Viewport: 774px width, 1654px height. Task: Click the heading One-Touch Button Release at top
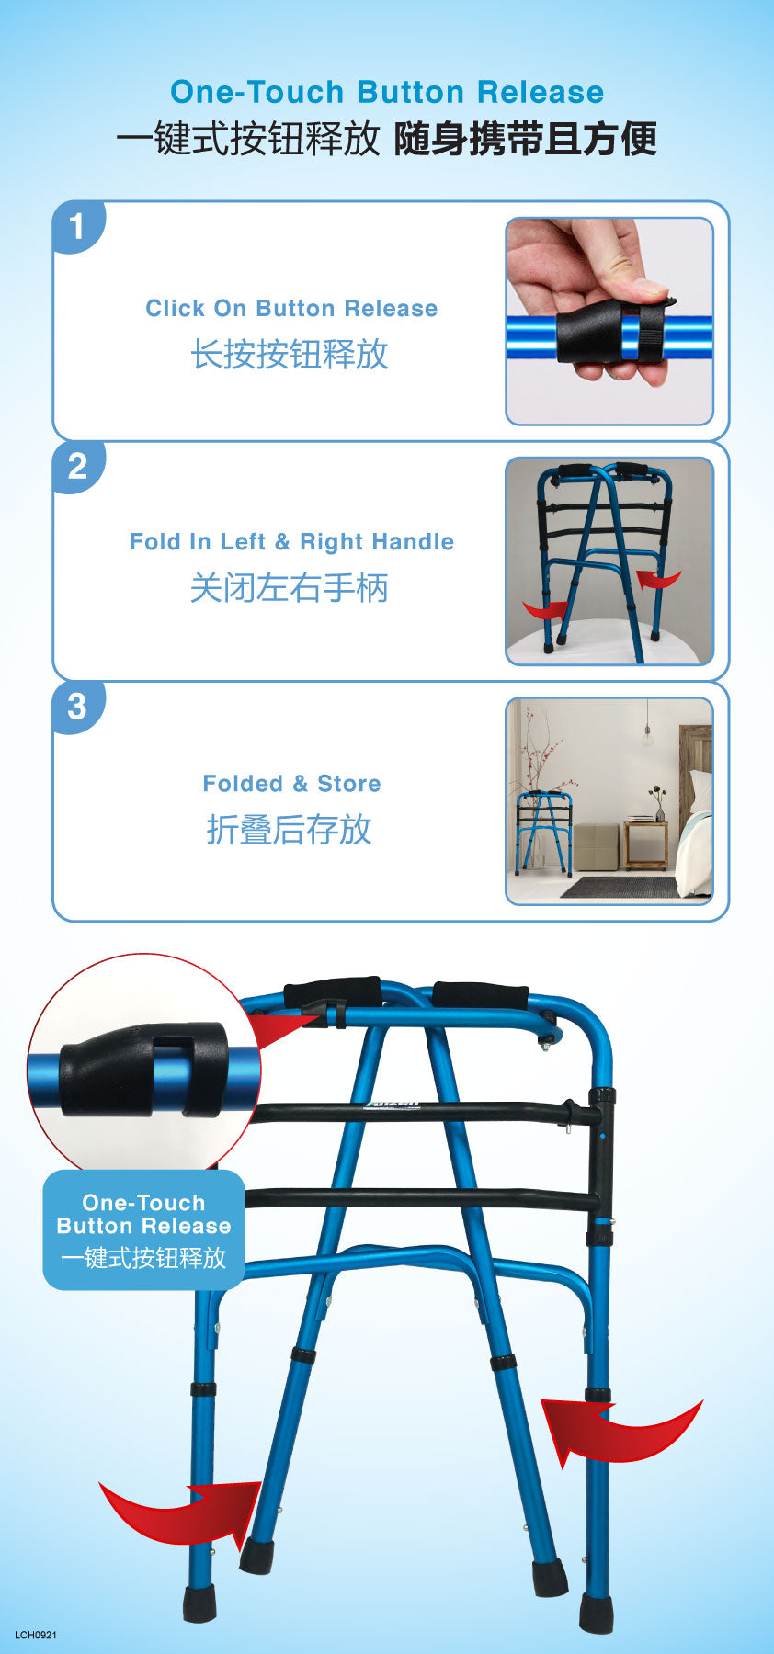coord(387,92)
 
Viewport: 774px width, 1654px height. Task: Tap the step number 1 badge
coord(77,226)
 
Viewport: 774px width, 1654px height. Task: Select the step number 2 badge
coord(77,467)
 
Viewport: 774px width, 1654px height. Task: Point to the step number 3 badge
coord(77,707)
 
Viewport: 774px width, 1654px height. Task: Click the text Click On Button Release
coord(291,308)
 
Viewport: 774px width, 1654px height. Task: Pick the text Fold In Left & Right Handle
coord(291,541)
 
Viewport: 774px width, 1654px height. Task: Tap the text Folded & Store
coord(291,783)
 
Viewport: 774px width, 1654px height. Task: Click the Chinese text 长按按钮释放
coord(290,354)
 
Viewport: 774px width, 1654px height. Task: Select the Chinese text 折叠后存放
coord(290,829)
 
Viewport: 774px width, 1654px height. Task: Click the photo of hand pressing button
coord(609,322)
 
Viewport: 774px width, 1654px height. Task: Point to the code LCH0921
coord(36,1635)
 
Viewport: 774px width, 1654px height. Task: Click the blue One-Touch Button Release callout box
coord(144,1229)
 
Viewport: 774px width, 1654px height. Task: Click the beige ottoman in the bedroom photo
coord(597,847)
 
